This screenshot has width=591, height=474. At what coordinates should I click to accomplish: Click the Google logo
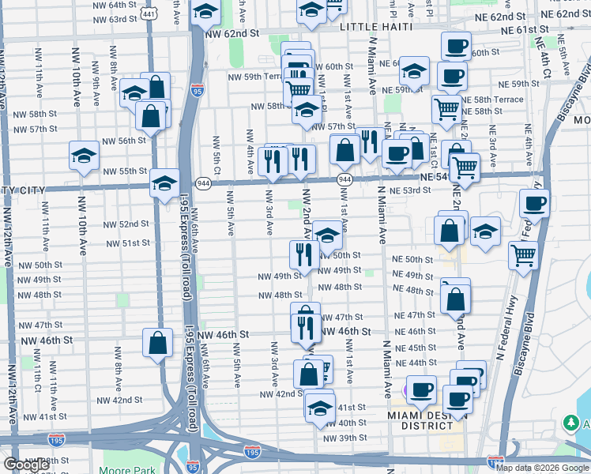[26, 465]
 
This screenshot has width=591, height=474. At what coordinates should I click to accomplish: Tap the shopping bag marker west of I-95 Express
[157, 342]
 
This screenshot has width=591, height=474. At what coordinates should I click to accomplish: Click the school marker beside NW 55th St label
[83, 156]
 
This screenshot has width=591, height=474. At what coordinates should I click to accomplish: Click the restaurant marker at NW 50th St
[303, 254]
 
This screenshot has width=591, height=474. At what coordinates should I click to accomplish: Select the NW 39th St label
[345, 438]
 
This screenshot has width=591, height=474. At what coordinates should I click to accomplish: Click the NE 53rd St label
[410, 190]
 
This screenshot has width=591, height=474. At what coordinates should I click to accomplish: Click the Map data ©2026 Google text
[542, 468]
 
